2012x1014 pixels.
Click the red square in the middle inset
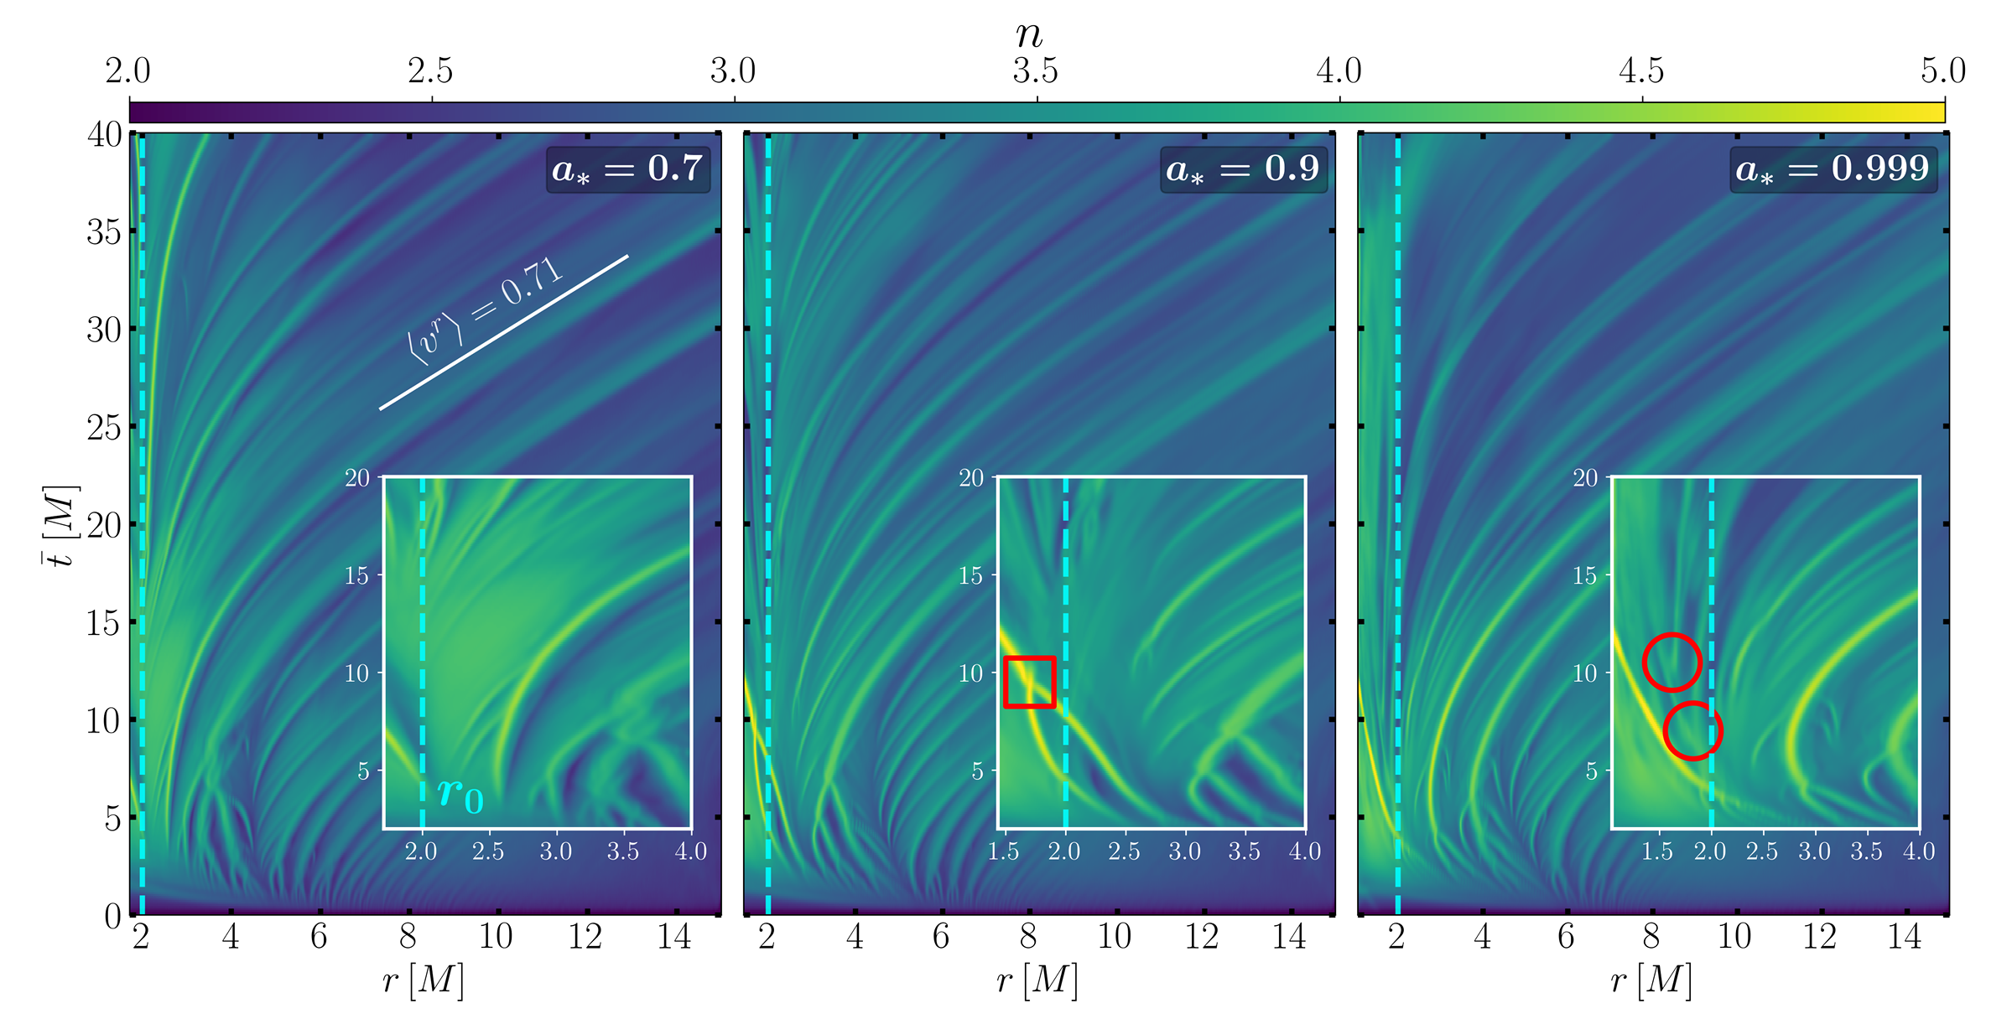1029,682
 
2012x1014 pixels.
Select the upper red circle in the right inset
1671,663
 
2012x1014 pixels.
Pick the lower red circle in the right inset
1692,731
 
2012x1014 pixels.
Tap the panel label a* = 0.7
627,169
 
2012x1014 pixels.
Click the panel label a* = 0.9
1243,169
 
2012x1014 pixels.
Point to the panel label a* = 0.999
1833,169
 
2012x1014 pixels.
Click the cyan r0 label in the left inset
460,793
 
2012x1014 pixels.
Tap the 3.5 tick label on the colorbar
1036,71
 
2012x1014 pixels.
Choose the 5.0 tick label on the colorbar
1942,71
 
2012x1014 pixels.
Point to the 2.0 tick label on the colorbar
128,71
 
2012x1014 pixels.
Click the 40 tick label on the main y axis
105,134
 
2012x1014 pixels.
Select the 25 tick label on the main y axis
105,428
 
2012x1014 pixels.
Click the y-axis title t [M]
60,525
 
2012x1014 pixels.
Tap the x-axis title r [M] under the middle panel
1037,980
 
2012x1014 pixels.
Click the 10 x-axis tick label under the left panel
496,936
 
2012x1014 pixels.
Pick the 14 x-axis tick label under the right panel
1905,936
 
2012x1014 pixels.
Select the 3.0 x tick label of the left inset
556,852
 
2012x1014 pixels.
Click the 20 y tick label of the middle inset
971,478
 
